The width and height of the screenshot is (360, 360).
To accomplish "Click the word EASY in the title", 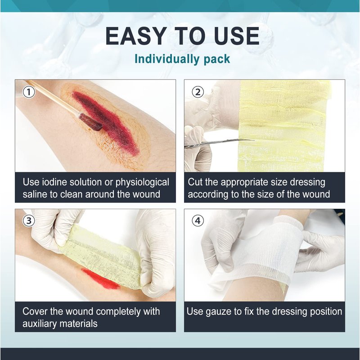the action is [136, 36].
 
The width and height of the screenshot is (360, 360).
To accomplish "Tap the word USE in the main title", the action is [237, 36].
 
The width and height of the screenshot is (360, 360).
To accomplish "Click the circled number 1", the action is [29, 92].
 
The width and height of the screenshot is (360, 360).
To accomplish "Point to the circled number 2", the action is [198, 92].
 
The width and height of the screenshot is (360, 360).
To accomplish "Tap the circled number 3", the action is [29, 220].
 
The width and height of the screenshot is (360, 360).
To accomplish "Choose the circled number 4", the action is [198, 220].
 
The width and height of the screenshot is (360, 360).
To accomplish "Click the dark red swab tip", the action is [90, 122].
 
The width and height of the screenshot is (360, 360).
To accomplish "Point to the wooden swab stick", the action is [52, 97].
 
